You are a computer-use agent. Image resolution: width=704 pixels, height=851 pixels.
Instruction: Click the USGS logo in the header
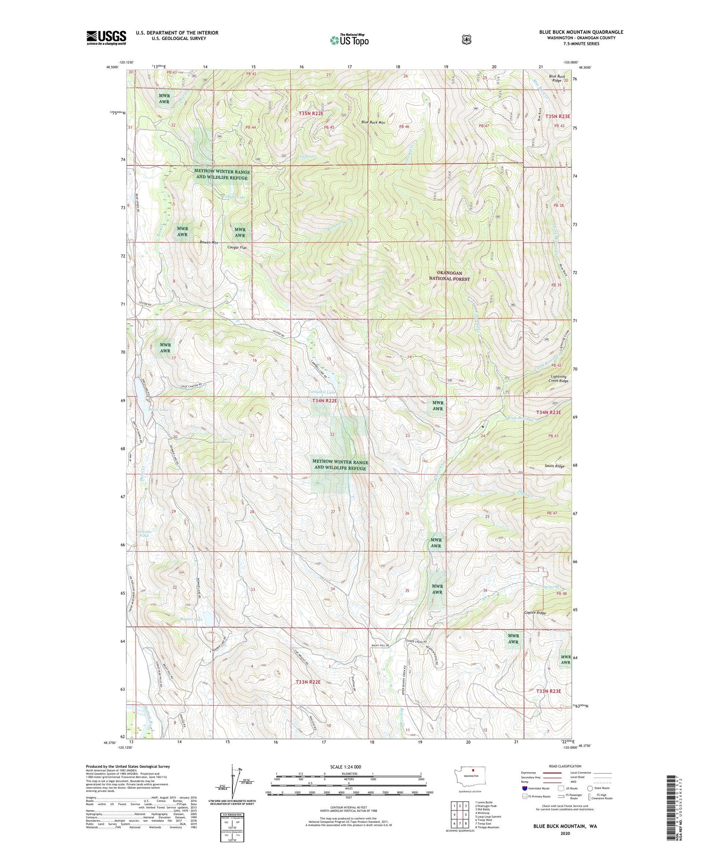click(x=106, y=38)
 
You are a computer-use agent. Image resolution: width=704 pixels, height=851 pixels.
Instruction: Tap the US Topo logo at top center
click(x=349, y=40)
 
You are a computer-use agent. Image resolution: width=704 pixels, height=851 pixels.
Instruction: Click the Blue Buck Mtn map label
click(x=373, y=122)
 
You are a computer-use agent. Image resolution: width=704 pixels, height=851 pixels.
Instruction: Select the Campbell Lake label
click(x=322, y=392)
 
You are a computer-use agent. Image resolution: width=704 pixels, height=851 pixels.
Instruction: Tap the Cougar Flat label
click(x=237, y=248)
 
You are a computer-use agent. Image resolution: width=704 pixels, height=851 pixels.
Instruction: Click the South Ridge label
click(x=554, y=466)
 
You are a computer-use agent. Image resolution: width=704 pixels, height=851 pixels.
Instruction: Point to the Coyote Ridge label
click(x=534, y=613)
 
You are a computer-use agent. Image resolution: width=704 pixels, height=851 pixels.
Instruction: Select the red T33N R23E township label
click(x=549, y=691)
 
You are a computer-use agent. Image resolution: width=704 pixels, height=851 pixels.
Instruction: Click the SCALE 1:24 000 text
click(x=345, y=767)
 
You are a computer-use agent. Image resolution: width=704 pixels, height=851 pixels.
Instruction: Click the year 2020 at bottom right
click(x=565, y=833)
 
